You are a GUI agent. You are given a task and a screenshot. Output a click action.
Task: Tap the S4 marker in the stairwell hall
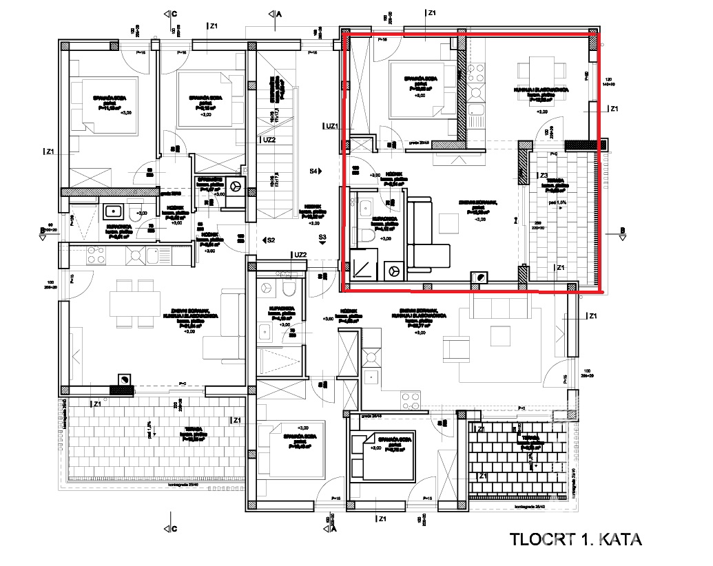(314, 170)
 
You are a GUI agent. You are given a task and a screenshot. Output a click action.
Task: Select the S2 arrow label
(270, 240)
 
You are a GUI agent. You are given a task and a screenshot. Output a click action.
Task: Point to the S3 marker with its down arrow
(322, 240)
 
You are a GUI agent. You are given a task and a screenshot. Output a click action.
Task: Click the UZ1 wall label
(331, 126)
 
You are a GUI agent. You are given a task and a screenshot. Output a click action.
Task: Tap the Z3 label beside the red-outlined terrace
(544, 176)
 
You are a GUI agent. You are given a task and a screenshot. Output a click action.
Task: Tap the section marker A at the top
(278, 14)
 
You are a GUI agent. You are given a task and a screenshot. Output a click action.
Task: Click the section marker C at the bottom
(174, 529)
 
